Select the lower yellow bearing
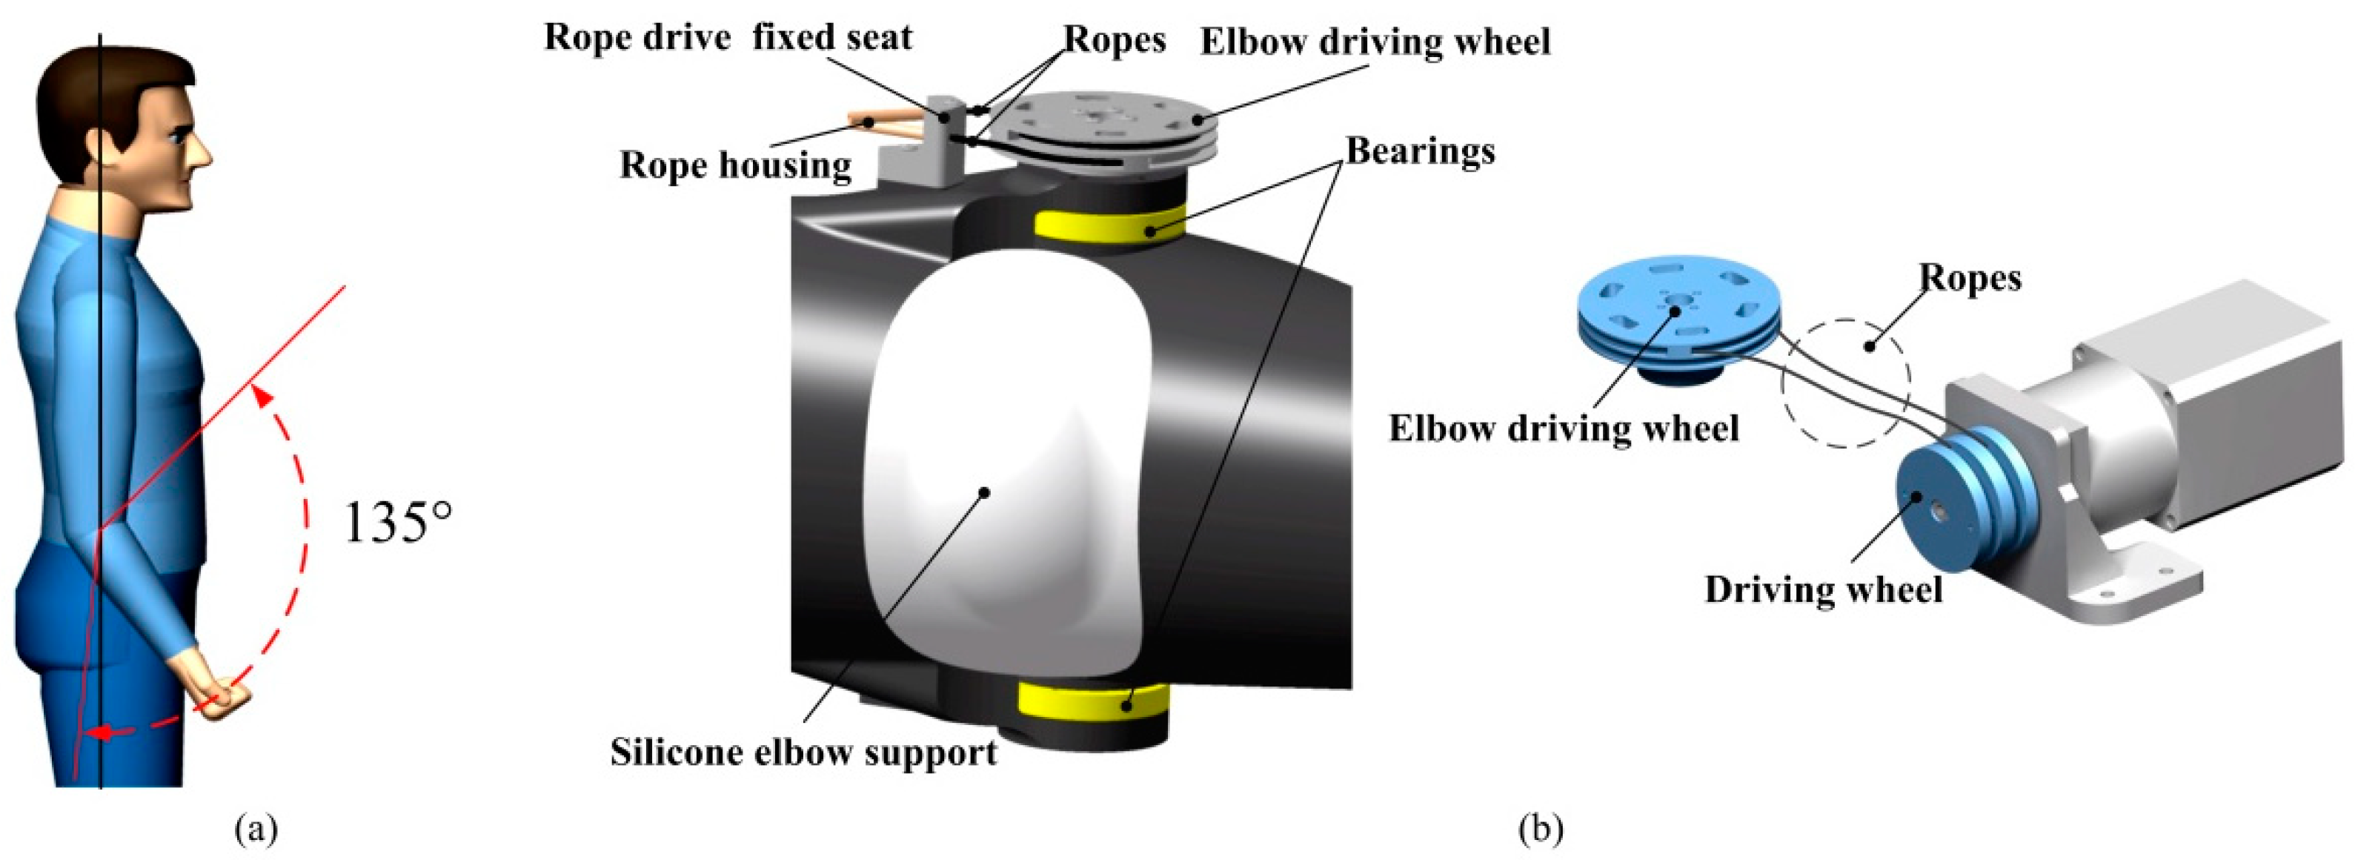1094,727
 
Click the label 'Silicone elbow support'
804,752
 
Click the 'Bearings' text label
1420,151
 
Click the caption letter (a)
256,830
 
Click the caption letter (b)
1541,830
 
